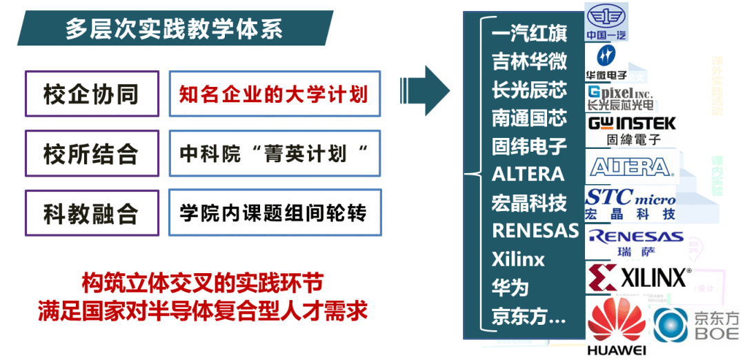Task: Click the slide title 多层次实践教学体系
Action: [174, 30]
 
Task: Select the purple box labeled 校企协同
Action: [92, 94]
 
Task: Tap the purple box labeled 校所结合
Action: [92, 154]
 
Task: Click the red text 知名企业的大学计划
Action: [274, 94]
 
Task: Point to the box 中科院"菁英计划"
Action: [274, 153]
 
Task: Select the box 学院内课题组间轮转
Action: [274, 212]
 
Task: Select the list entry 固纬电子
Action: [529, 146]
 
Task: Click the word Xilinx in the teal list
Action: [518, 259]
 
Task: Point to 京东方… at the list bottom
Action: [529, 316]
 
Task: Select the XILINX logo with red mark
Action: [638, 277]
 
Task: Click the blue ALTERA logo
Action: [630, 166]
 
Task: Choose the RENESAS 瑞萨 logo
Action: [635, 241]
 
